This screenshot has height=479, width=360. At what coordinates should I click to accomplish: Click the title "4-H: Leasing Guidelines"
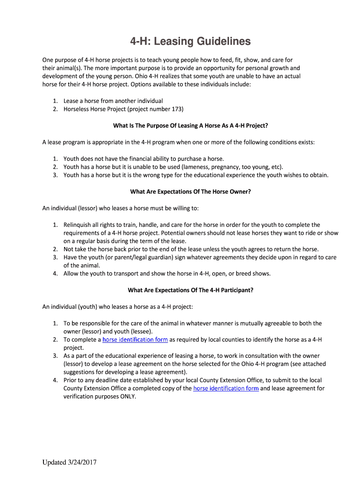tap(190, 42)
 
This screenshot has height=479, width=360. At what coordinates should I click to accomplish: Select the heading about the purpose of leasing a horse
tap(191, 125)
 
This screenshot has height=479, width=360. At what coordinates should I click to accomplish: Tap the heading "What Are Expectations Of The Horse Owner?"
tap(190, 191)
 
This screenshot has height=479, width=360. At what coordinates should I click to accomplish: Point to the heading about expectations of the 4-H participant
tap(190, 290)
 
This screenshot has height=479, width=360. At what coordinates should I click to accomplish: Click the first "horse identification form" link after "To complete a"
tap(135, 340)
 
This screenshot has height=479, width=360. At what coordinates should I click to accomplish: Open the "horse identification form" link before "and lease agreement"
tap(226, 388)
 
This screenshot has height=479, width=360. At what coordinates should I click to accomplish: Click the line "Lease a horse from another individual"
tap(113, 101)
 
